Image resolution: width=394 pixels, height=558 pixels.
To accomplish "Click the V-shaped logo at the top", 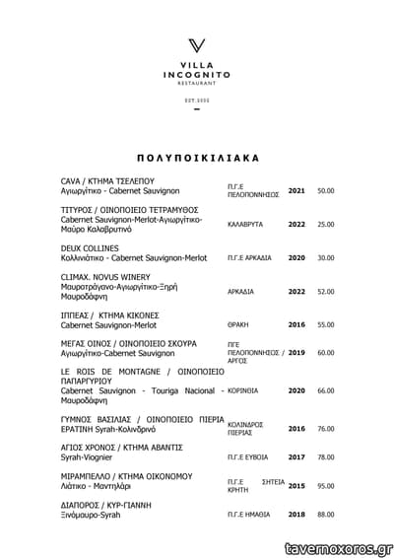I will point(197,46).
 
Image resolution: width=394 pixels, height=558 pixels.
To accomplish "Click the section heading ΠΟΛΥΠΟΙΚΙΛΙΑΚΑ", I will point(197,156).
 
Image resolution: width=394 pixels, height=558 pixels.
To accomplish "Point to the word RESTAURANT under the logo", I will point(197,83).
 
